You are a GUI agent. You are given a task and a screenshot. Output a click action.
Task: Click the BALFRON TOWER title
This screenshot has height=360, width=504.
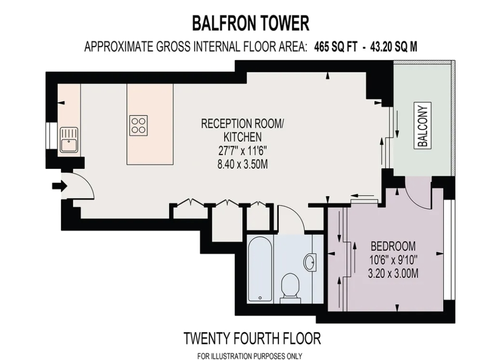pos(251,23)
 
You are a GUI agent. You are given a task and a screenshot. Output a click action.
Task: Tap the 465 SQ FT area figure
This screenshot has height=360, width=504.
pos(336,47)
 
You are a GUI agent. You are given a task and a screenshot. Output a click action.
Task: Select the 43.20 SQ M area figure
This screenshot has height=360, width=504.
pos(394,47)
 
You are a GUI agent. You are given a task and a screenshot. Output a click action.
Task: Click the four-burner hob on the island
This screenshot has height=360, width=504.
pos(139,125)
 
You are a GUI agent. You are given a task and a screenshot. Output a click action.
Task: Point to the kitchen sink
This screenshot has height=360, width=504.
pos(69,140)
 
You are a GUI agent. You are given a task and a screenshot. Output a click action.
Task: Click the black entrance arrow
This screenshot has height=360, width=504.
pos(60,186)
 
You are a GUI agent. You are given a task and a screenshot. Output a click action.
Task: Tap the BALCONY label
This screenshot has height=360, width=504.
pos(422,125)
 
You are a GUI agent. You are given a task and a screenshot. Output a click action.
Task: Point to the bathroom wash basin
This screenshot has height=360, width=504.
pos(311,261)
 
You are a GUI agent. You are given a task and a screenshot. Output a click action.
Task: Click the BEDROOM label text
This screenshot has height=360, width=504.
pos(393,246)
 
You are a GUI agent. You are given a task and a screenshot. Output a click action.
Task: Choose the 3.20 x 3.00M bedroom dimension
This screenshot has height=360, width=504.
pos(393,273)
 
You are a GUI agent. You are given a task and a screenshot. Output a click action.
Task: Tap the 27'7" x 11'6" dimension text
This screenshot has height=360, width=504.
pos(243,150)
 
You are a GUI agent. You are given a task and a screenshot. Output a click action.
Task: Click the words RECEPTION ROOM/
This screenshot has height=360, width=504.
pos(243,124)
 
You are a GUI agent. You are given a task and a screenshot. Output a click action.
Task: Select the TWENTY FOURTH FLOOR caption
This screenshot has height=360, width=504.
pos(252,338)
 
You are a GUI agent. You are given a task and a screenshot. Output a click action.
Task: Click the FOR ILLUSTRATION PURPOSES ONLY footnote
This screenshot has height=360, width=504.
pos(250,356)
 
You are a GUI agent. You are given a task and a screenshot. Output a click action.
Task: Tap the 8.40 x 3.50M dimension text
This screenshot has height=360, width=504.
pos(243,164)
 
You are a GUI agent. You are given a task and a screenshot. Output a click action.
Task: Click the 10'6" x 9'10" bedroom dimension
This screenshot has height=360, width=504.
pos(393,260)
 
